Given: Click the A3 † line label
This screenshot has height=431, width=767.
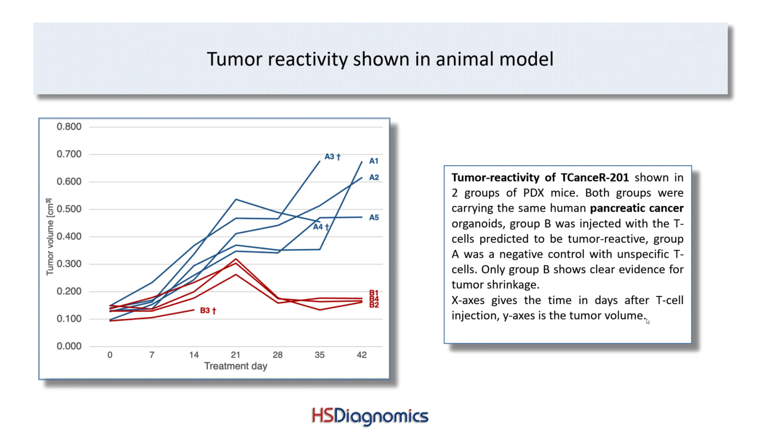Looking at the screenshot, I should [x=332, y=157].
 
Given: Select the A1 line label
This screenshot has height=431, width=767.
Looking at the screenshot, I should [x=374, y=161].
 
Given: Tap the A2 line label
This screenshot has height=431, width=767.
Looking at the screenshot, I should [x=374, y=177].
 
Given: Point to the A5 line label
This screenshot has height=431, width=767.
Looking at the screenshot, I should [x=374, y=217].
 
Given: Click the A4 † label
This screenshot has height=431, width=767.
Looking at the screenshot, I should [x=321, y=227].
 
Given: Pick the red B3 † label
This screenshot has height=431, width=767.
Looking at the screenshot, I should [x=208, y=311].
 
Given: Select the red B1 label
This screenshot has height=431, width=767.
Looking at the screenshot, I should [x=374, y=293].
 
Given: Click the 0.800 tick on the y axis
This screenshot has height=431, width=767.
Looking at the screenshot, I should [x=69, y=127].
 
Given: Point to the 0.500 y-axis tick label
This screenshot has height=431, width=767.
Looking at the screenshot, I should [x=69, y=209].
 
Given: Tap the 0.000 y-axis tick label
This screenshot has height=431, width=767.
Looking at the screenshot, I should [x=69, y=346].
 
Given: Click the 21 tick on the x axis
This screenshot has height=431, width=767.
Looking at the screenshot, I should [x=235, y=354].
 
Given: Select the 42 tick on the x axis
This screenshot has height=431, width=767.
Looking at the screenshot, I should [x=361, y=354].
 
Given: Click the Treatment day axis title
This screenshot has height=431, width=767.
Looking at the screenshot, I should [x=235, y=366].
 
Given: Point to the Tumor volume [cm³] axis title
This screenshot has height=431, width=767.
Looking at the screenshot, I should [x=50, y=237].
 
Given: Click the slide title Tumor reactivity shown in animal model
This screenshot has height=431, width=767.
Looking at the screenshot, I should [x=380, y=59].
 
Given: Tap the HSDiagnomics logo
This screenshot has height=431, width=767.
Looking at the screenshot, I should [x=370, y=416].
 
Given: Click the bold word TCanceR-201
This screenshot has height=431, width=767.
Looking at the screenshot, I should [x=595, y=177].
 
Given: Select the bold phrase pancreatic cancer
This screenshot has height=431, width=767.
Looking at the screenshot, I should [x=636, y=208].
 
